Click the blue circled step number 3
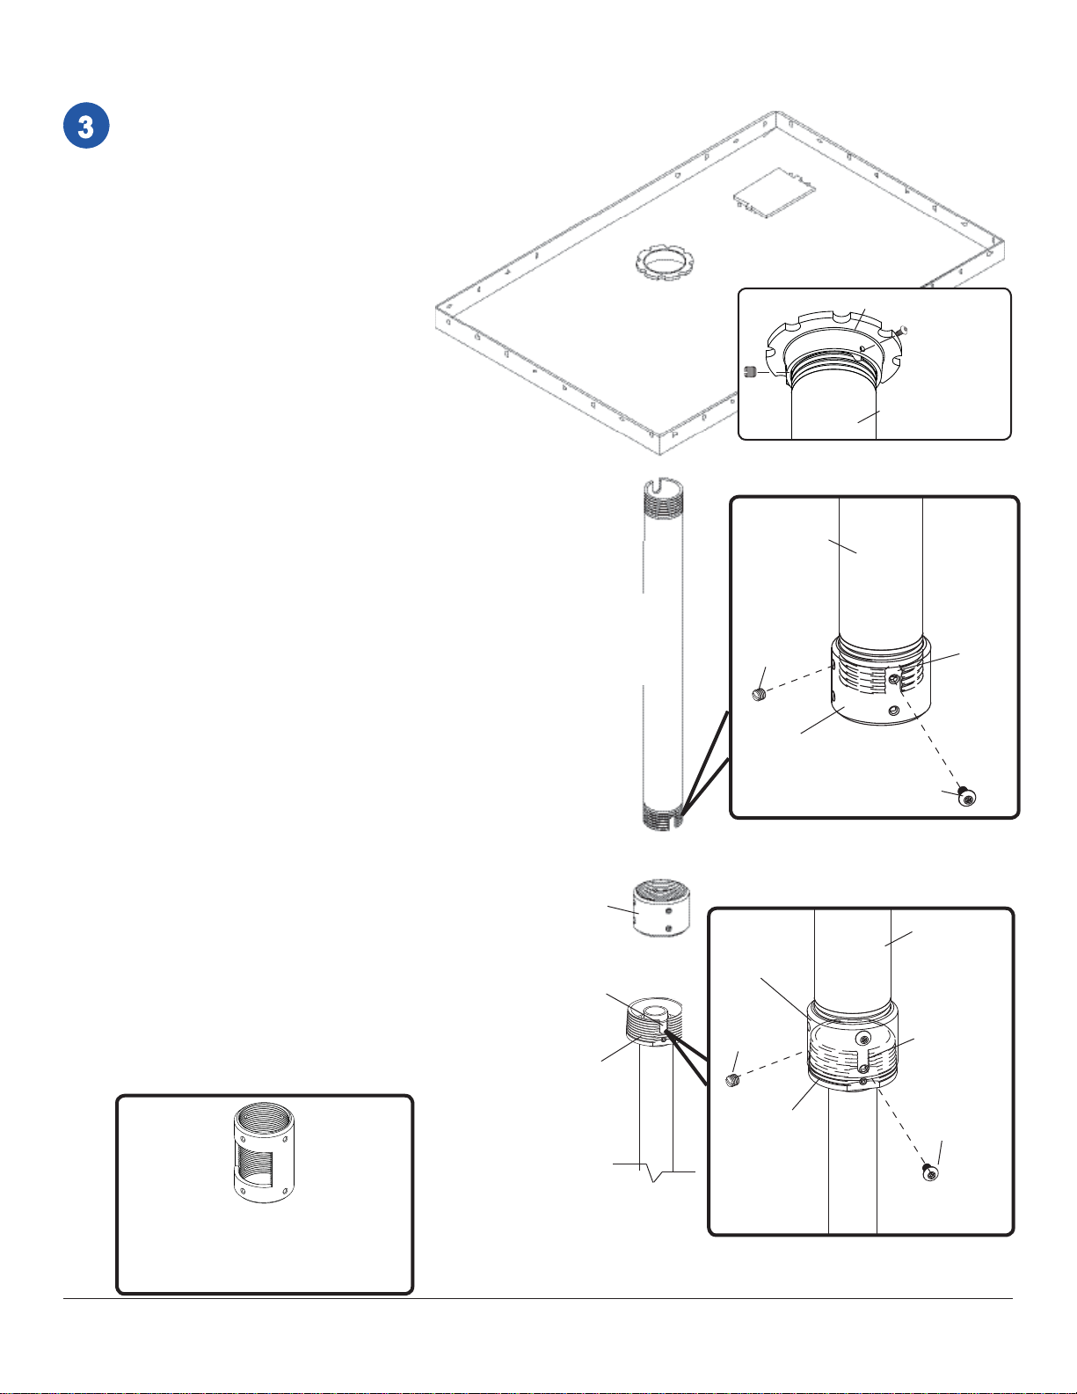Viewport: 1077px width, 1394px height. pyautogui.click(x=86, y=126)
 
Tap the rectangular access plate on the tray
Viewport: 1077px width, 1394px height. pyautogui.click(x=775, y=193)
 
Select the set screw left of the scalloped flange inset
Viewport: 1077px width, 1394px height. pyautogui.click(x=750, y=371)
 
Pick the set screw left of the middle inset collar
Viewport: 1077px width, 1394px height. pyautogui.click(x=759, y=695)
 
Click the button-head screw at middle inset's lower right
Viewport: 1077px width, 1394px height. pyautogui.click(x=967, y=798)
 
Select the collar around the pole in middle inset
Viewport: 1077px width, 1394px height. pyautogui.click(x=881, y=682)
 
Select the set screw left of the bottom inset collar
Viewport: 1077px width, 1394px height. pyautogui.click(x=732, y=1081)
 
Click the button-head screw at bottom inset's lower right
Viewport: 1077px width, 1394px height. pyautogui.click(x=930, y=1172)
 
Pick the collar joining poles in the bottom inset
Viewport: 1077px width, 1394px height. pyautogui.click(x=852, y=1045)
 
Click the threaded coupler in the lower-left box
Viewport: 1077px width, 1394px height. pyautogui.click(x=264, y=1152)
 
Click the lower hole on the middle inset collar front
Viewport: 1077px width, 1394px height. pyautogui.click(x=892, y=710)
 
